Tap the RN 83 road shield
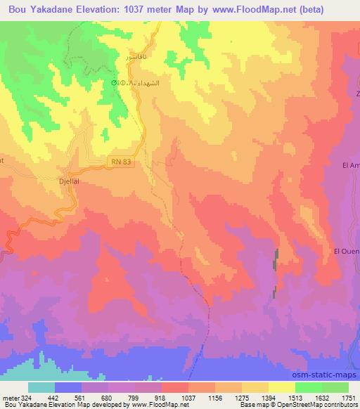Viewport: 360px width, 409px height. point(121,162)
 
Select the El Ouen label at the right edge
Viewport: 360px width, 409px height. point(347,251)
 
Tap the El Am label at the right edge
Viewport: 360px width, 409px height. point(350,165)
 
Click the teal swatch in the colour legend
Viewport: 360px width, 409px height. point(41,387)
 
